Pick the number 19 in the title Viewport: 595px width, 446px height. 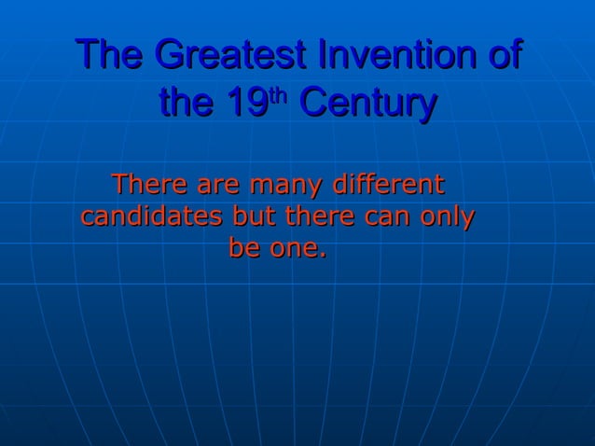point(249,104)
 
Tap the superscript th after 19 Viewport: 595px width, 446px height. point(281,95)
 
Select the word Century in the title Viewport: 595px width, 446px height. point(366,104)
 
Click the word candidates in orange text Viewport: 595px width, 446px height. point(151,216)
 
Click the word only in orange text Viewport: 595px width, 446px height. point(449,217)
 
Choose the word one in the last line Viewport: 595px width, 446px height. point(294,251)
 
